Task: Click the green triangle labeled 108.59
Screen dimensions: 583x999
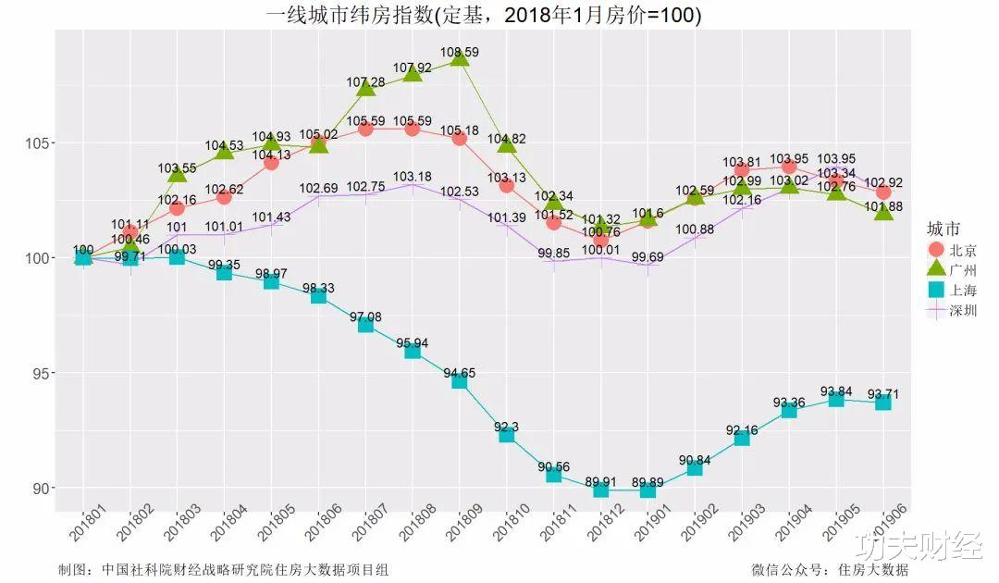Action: pyautogui.click(x=460, y=58)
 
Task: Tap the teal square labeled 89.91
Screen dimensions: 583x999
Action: pyautogui.click(x=601, y=488)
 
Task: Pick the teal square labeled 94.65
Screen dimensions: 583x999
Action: pyautogui.click(x=460, y=379)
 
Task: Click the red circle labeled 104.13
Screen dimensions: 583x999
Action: pyautogui.click(x=271, y=163)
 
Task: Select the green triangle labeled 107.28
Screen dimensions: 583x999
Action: pyautogui.click(x=365, y=88)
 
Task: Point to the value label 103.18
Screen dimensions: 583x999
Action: pyautogui.click(x=413, y=177)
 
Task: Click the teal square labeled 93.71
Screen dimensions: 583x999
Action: pyautogui.click(x=883, y=402)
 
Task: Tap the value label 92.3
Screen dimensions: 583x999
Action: pyautogui.click(x=507, y=427)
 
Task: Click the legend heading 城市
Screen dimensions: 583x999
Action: pyautogui.click(x=943, y=229)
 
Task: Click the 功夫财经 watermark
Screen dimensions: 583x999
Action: pyautogui.click(x=918, y=546)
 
